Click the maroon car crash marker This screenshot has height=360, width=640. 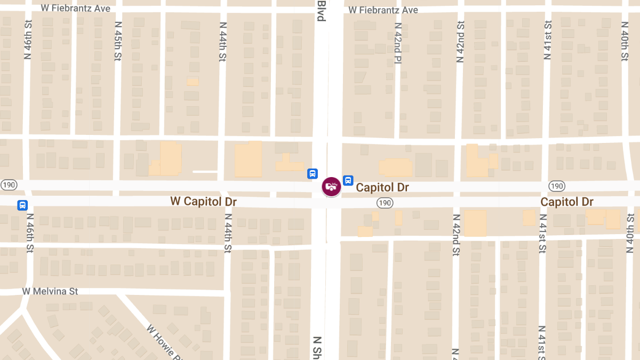pyautogui.click(x=331, y=186)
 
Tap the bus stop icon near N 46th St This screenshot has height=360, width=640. pyautogui.click(x=22, y=205)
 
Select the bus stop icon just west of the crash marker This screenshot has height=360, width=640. pyautogui.click(x=312, y=173)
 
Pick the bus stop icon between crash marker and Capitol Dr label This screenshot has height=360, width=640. pyautogui.click(x=348, y=181)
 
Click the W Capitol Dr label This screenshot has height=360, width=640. pyautogui.click(x=203, y=202)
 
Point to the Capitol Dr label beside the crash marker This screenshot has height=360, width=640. pyautogui.click(x=382, y=187)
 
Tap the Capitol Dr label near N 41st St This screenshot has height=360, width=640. pyautogui.click(x=566, y=202)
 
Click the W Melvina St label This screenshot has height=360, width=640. pyautogui.click(x=50, y=291)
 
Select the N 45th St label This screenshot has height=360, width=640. pyautogui.click(x=118, y=42)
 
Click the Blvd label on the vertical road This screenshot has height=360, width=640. pyautogui.click(x=321, y=11)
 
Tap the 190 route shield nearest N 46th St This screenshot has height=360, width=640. pyautogui.click(x=9, y=185)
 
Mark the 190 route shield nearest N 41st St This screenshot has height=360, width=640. pyautogui.click(x=556, y=186)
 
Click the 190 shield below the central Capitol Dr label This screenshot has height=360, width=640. pyautogui.click(x=385, y=203)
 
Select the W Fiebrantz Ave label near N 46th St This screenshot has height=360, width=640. pyautogui.click(x=76, y=9)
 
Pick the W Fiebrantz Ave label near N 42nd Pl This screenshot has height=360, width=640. pyautogui.click(x=383, y=10)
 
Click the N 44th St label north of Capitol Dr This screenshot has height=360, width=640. pyautogui.click(x=222, y=42)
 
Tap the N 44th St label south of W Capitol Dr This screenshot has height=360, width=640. pyautogui.click(x=228, y=233)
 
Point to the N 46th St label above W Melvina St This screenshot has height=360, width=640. pyautogui.click(x=30, y=233)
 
